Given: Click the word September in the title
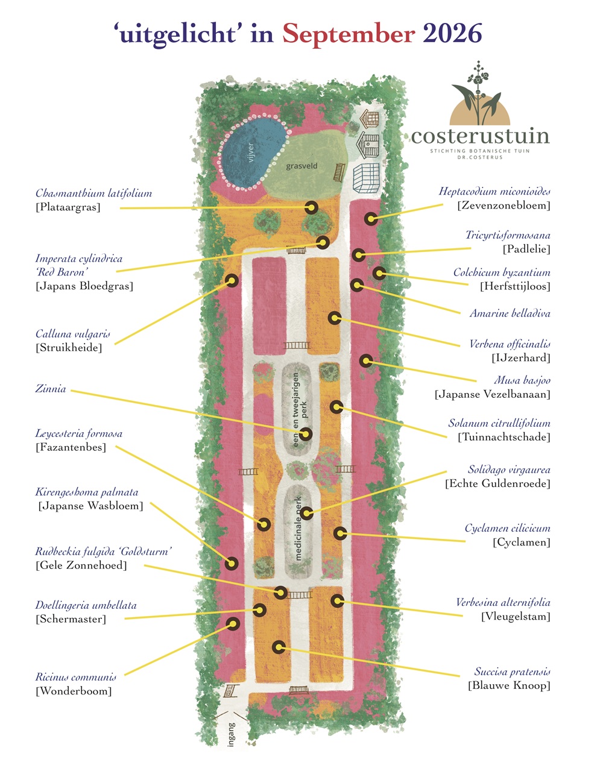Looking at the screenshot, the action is click(349, 34).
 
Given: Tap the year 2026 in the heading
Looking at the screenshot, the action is click(452, 33).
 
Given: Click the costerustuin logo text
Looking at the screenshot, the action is click(480, 136).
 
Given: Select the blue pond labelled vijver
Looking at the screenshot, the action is click(251, 152).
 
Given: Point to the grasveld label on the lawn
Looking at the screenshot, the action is click(301, 166).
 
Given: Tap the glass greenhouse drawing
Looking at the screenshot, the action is click(366, 178).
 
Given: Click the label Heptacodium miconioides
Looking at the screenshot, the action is click(494, 191).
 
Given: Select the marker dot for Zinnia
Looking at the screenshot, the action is click(306, 434).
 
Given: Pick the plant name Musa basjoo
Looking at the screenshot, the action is click(522, 380).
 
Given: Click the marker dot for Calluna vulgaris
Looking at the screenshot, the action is click(232, 280).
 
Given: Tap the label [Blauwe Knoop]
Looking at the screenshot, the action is click(509, 685).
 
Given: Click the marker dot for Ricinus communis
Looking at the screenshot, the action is click(233, 624).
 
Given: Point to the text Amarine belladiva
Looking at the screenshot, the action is click(510, 313).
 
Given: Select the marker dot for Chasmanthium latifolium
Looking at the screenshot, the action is click(311, 207).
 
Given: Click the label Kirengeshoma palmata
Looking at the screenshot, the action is click(86, 492).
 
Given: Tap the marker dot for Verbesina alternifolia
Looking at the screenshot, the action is click(338, 601).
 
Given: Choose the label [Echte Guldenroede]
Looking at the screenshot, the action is click(497, 483).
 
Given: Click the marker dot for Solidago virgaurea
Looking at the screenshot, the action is click(306, 514).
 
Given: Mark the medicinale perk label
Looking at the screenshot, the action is click(297, 529).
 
